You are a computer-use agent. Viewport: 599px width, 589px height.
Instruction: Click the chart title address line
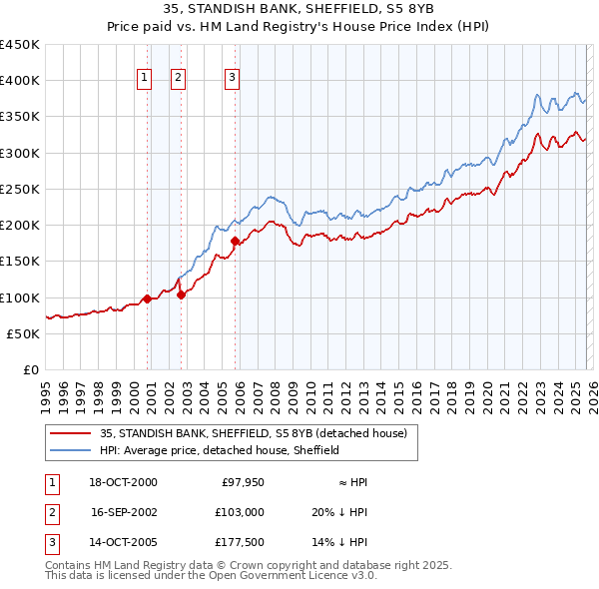(299, 9)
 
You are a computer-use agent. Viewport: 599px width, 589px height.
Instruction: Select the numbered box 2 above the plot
(179, 78)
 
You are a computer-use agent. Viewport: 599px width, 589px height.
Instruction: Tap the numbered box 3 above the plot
(232, 78)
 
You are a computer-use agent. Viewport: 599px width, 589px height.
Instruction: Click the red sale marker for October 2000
(147, 298)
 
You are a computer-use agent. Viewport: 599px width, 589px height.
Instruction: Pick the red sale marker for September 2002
(181, 294)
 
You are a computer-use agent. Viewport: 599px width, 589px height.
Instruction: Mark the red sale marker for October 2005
(235, 241)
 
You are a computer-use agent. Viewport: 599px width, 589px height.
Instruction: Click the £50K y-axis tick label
(24, 334)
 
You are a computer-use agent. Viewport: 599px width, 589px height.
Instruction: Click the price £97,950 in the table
(240, 482)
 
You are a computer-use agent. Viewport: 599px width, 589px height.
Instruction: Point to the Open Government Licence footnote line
(211, 576)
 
